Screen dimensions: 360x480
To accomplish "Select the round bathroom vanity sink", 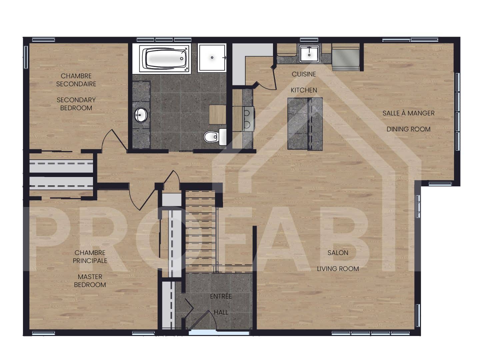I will pyautogui.click(x=141, y=115).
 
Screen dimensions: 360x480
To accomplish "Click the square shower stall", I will pyautogui.click(x=212, y=58).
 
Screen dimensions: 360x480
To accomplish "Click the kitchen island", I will pyautogui.click(x=305, y=123).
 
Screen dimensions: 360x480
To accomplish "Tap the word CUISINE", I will pyautogui.click(x=304, y=74).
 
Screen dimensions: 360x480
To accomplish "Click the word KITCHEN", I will pyautogui.click(x=304, y=90).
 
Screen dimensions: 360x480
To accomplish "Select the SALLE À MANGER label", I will pyautogui.click(x=408, y=113).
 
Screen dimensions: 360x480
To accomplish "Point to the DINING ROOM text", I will pyautogui.click(x=408, y=129).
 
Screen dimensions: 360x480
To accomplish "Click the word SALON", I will pyautogui.click(x=338, y=253).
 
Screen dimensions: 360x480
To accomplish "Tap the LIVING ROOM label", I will pyautogui.click(x=338, y=269).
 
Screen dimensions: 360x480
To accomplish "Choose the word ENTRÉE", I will pyautogui.click(x=221, y=296).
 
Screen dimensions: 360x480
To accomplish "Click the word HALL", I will pyautogui.click(x=221, y=312).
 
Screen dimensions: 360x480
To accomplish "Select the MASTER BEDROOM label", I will pyautogui.click(x=90, y=281).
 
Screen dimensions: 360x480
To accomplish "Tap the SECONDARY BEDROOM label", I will pyautogui.click(x=76, y=104).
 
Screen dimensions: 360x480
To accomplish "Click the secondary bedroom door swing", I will pyautogui.click(x=112, y=140).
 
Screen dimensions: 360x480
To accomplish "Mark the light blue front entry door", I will pyautogui.click(x=202, y=332).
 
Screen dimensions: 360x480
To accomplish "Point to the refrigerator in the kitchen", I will pyautogui.click(x=345, y=58).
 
